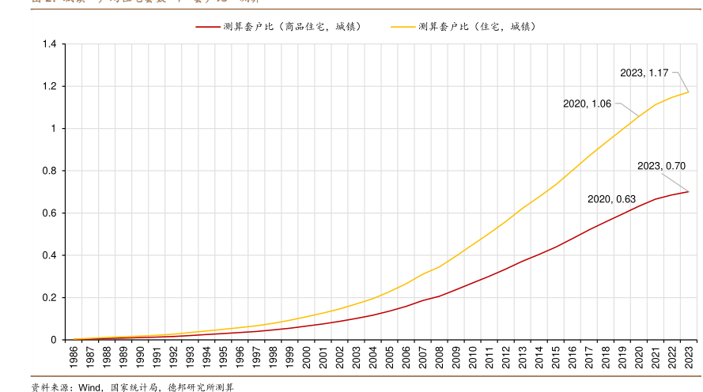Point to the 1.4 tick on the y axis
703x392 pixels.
pyautogui.click(x=49, y=44)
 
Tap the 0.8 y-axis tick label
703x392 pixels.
pyautogui.click(x=49, y=171)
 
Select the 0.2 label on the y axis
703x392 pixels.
pyautogui.click(x=49, y=298)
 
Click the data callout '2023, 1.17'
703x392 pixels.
pyautogui.click(x=644, y=73)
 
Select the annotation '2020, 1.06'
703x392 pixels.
pyautogui.click(x=587, y=104)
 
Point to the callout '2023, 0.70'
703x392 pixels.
pyautogui.click(x=661, y=166)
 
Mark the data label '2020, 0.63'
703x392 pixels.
pyautogui.click(x=612, y=199)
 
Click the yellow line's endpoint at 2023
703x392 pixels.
pyautogui.click(x=689, y=92)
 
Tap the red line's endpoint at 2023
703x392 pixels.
pyautogui.click(x=689, y=191)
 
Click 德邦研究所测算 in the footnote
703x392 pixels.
pyautogui.click(x=201, y=387)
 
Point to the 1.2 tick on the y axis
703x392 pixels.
pyautogui.click(x=49, y=86)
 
